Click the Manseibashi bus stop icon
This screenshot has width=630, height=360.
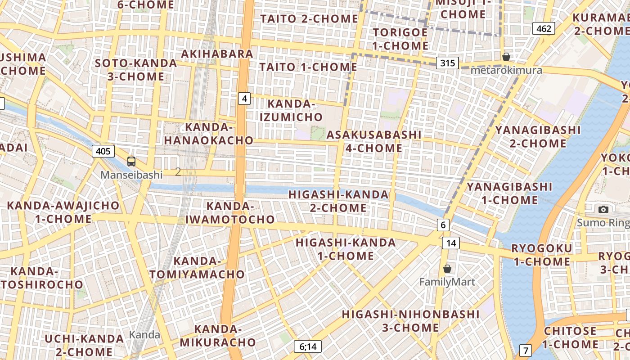pos(131,161)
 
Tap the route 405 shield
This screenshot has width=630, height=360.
pos(103,151)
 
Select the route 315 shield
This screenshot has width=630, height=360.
pos(447,63)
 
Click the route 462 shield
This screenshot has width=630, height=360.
pos(544,29)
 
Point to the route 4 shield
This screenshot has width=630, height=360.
pos(244,99)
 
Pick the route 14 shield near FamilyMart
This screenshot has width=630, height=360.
pos(451,243)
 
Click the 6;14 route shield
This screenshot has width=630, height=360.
pos(308,346)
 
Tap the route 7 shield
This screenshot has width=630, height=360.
pos(525,350)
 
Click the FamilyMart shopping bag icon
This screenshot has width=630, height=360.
pos(447,269)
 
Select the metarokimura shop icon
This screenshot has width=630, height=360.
pos(506,57)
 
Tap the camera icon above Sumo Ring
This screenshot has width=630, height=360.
pos(603,209)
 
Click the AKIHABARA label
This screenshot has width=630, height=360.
pos(217,54)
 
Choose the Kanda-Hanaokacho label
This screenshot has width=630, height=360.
pos(209,134)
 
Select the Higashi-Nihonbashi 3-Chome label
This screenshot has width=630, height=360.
pos(410,320)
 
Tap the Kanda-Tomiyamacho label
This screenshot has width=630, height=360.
pos(197,268)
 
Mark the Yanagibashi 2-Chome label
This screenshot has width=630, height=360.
pos(538,137)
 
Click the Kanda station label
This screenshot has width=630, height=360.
pos(144,335)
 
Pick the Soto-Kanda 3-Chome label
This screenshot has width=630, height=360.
pos(136,70)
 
